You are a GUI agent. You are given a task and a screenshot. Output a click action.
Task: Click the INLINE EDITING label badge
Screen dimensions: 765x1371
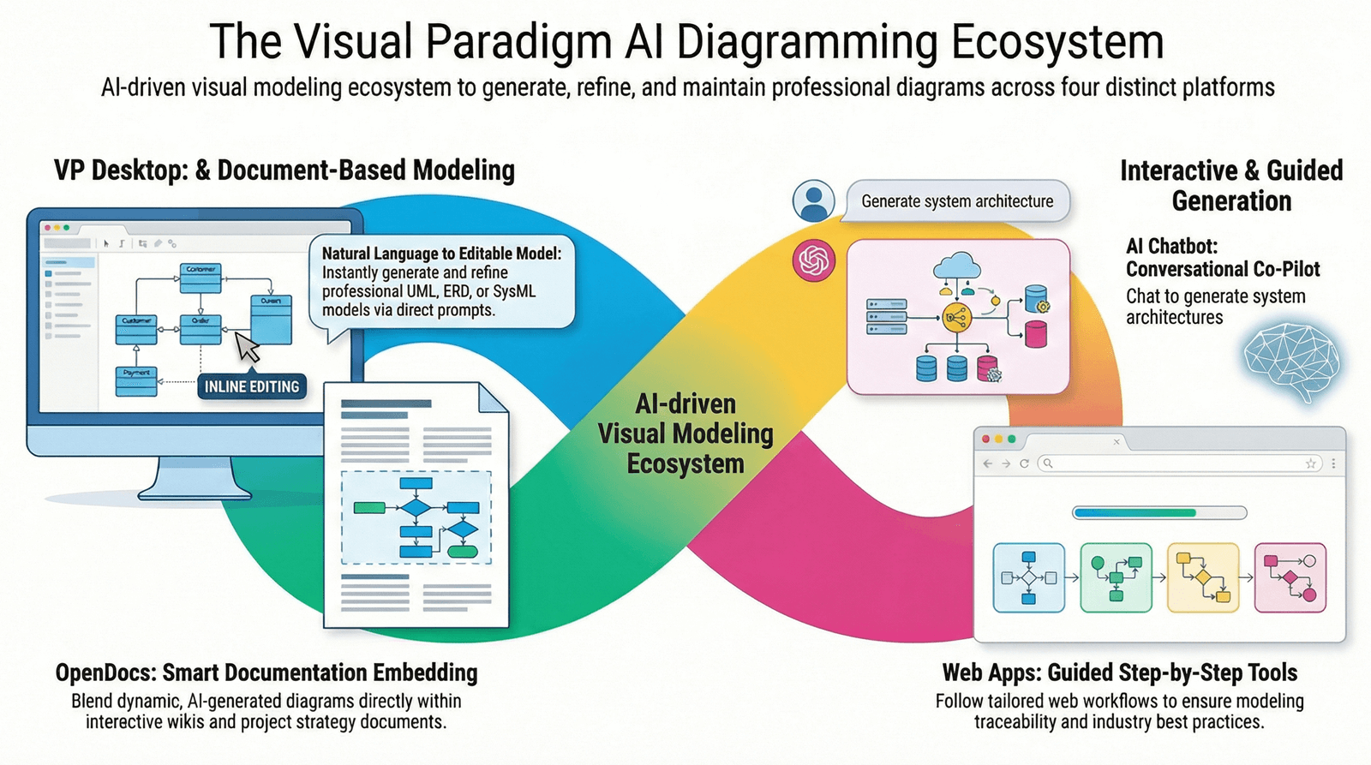click(252, 386)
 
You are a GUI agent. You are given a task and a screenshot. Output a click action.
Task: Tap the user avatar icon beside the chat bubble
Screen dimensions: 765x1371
click(813, 201)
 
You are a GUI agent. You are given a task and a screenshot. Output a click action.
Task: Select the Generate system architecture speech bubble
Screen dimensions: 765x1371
click(957, 201)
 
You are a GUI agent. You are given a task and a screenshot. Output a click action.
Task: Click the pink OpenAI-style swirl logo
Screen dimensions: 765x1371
click(813, 260)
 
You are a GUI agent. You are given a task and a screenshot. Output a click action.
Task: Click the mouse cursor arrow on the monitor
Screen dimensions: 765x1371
click(248, 347)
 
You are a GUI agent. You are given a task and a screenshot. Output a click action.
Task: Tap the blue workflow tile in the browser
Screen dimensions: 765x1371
click(1028, 577)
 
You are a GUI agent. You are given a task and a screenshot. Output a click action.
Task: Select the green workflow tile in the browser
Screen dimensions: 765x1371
click(1116, 577)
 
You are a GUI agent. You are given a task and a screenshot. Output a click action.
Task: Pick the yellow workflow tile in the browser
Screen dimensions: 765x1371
click(1203, 577)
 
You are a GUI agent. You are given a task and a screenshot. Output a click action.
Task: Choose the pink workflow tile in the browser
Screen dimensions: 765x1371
click(1290, 577)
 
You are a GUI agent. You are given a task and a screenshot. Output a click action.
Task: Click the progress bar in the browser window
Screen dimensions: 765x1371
click(1159, 513)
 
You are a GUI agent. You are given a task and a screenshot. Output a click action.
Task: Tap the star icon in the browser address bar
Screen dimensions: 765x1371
click(1310, 463)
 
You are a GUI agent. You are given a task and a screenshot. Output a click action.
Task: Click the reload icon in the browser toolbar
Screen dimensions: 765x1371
click(1024, 463)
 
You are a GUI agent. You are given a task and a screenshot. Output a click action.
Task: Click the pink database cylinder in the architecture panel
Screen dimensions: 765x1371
click(1036, 334)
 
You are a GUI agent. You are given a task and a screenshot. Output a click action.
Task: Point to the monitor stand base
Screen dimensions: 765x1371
click(195, 490)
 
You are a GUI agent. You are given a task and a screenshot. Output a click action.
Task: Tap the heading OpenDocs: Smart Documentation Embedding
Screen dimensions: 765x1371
click(266, 672)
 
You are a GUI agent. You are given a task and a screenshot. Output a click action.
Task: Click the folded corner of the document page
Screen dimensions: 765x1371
click(493, 398)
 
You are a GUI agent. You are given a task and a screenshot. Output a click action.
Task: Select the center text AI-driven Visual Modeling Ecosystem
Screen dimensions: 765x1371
click(685, 433)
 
